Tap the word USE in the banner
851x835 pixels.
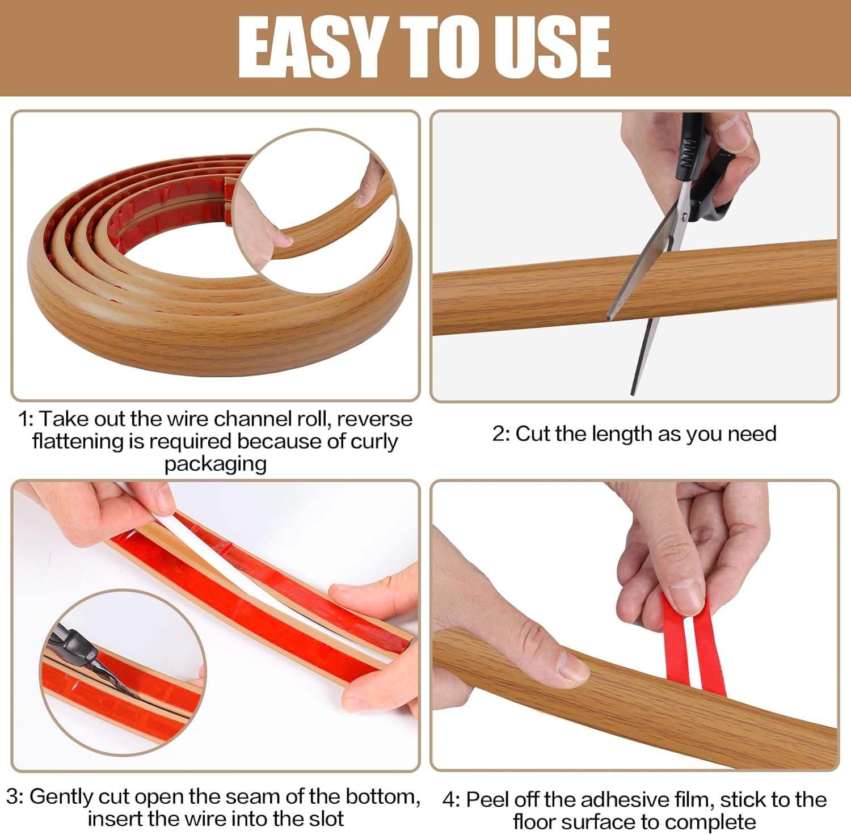point(553,48)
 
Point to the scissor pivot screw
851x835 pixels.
point(686,216)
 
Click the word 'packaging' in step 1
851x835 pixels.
point(216,464)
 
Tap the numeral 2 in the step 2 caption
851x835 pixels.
point(498,434)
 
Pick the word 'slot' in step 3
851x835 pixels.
point(326,819)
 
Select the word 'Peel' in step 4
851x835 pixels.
point(486,800)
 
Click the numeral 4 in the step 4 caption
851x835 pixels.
point(449,800)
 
